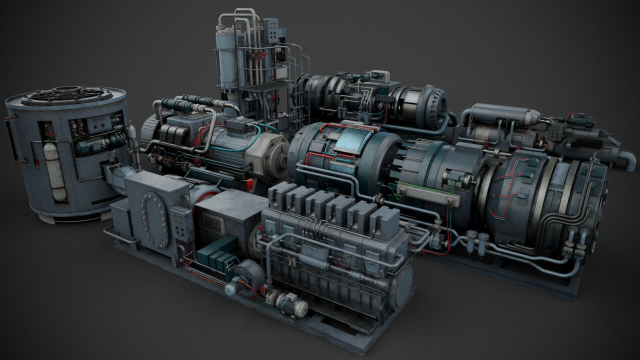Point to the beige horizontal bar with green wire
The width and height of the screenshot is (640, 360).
tap(428, 195)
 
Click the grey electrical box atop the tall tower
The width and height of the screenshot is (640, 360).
tap(270, 30)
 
